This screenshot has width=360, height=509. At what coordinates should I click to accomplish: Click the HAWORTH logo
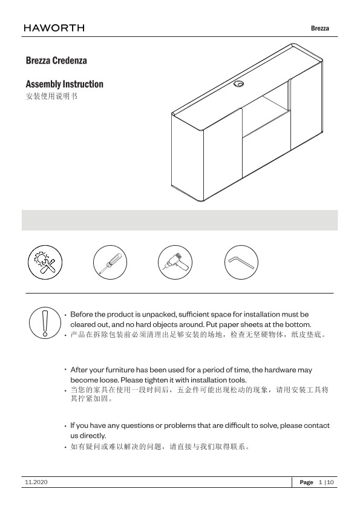point(54,28)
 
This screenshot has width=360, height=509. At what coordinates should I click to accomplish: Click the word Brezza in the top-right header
point(320,28)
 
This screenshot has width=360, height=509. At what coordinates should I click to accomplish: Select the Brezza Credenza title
point(56,61)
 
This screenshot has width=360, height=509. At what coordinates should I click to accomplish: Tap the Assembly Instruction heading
point(64,84)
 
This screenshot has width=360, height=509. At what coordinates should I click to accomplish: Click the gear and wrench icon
point(45,263)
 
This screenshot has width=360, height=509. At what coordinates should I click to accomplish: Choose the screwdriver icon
point(110,263)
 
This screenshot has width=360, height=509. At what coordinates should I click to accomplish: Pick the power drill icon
point(175,263)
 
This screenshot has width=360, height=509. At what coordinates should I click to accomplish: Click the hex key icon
point(241,263)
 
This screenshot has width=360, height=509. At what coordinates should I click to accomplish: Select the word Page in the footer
point(306,482)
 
